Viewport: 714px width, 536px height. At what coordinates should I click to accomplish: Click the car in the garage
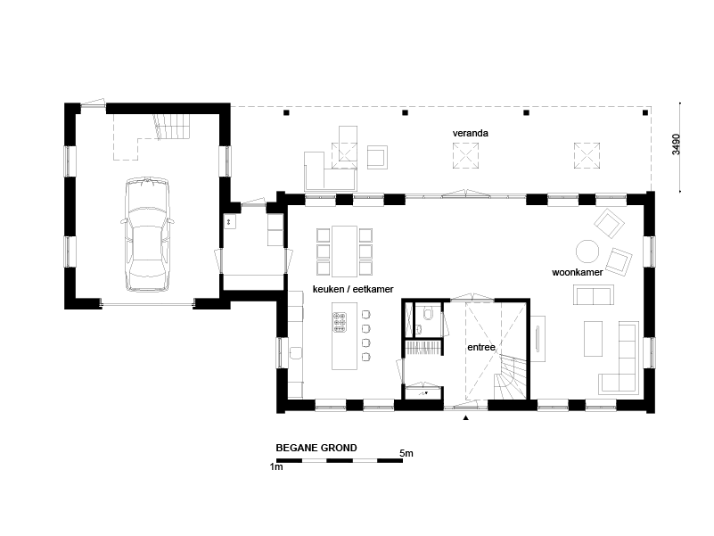click(148, 235)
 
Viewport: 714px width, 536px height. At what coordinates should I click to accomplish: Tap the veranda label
click(470, 133)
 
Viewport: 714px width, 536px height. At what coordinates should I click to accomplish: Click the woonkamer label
click(577, 272)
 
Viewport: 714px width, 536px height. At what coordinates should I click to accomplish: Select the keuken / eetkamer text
click(353, 289)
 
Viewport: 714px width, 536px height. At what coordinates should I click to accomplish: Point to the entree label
click(480, 347)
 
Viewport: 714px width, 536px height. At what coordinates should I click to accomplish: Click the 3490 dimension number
click(676, 144)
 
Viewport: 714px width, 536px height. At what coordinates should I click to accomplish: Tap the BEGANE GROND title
click(316, 448)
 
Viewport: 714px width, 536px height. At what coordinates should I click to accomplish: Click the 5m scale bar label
click(406, 453)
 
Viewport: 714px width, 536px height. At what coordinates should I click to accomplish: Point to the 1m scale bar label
click(276, 466)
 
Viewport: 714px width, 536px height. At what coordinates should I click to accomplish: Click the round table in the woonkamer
click(587, 252)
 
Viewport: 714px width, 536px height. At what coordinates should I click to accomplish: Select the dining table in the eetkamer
click(344, 252)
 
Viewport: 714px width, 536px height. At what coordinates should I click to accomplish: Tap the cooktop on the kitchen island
click(340, 322)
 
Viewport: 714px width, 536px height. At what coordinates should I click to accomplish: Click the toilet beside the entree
click(428, 313)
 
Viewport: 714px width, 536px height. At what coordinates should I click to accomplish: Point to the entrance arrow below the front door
click(465, 417)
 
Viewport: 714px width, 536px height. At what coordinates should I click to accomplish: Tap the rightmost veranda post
click(645, 112)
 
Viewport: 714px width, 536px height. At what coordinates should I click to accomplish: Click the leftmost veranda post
click(286, 112)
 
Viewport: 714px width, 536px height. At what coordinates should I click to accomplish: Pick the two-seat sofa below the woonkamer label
click(594, 294)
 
